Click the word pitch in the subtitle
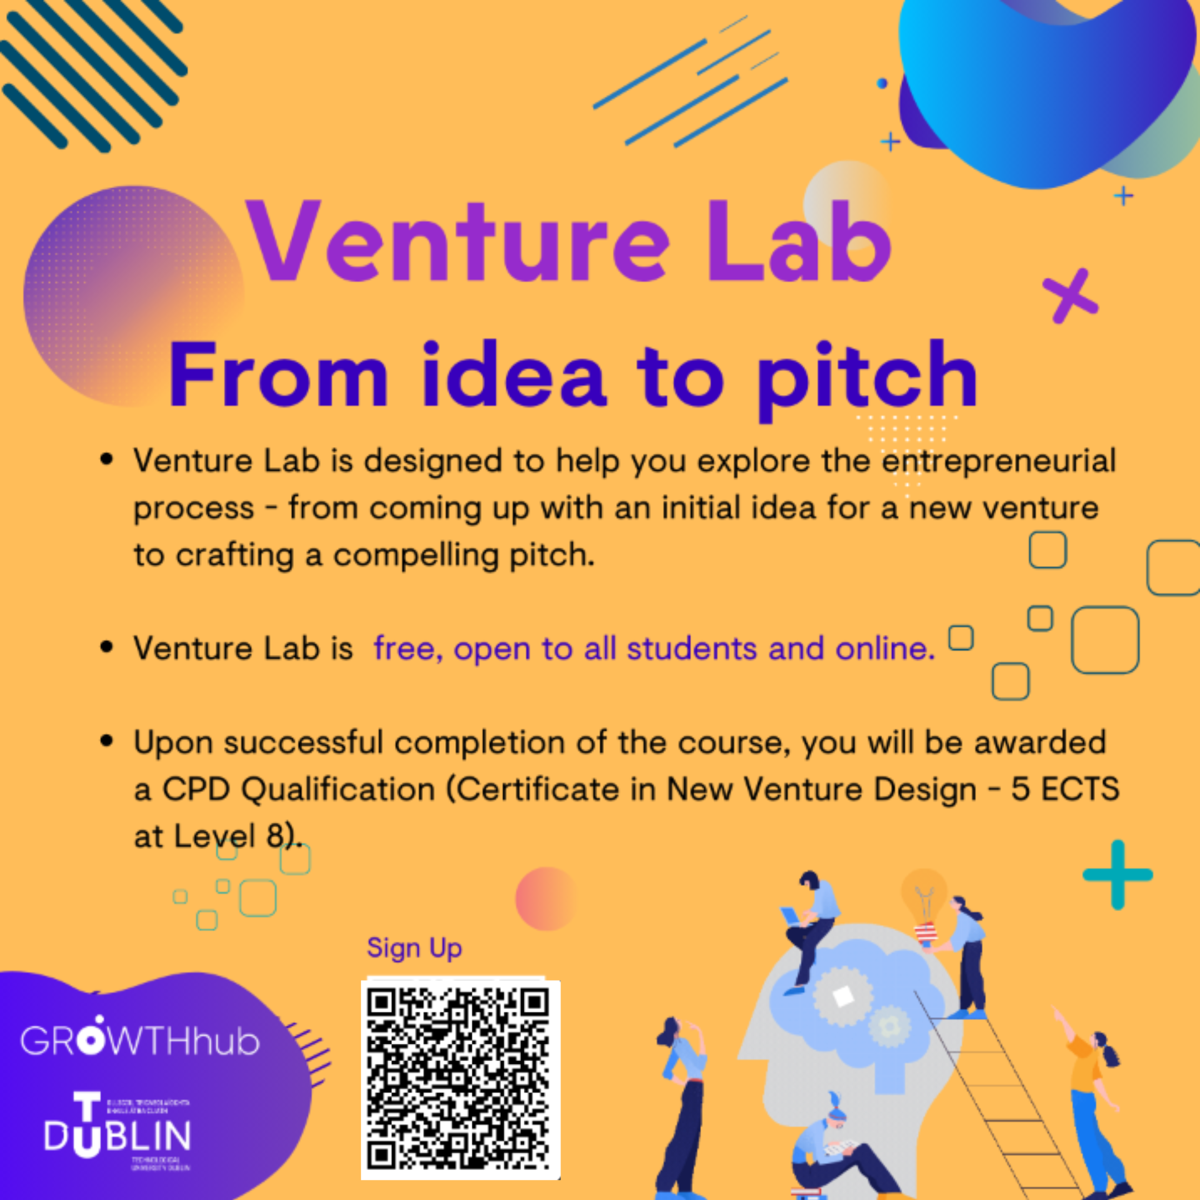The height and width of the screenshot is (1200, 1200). (x=867, y=379)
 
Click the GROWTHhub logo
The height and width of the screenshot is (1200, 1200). (x=140, y=1040)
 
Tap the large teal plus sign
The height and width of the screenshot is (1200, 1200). (x=1117, y=875)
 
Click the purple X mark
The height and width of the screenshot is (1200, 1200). (x=1069, y=296)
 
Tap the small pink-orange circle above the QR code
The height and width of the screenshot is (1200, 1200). (x=546, y=899)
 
